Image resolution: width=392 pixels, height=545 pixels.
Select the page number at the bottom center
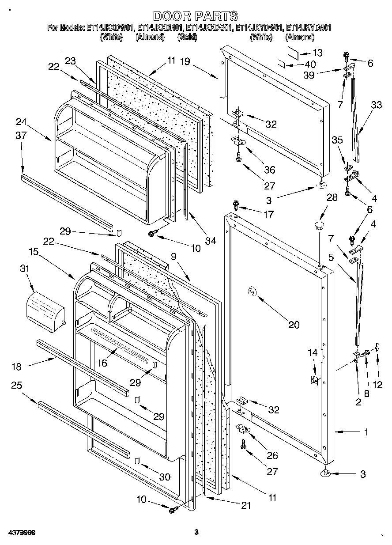[196, 532]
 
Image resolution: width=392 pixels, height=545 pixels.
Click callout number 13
[317, 53]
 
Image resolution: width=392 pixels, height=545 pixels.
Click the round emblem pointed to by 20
[251, 291]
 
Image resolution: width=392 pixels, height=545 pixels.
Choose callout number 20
[294, 325]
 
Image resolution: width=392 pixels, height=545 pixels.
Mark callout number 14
[313, 352]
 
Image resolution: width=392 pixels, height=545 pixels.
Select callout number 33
[376, 105]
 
